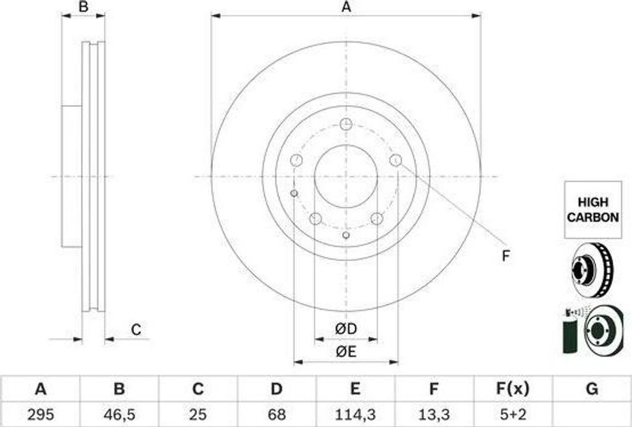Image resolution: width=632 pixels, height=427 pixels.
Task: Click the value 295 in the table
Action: click(40, 415)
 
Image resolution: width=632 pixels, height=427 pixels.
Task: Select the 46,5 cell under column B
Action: click(119, 415)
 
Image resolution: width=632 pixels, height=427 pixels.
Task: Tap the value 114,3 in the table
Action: click(355, 415)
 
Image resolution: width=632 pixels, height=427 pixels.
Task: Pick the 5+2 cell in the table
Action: click(512, 415)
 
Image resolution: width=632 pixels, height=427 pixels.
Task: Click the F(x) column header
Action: click(512, 389)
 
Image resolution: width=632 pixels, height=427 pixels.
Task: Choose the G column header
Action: click(592, 389)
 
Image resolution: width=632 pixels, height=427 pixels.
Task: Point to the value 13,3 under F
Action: click(433, 415)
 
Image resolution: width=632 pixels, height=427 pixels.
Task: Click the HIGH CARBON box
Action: click(592, 209)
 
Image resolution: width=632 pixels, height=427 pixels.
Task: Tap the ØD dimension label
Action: click(346, 329)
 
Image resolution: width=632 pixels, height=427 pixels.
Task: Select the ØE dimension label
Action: click(346, 352)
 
